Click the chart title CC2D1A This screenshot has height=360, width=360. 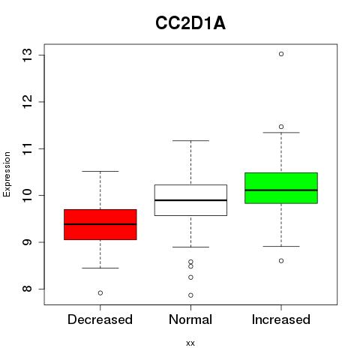click(190, 23)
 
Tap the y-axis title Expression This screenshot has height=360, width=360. click(7, 174)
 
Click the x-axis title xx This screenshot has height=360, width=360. click(190, 343)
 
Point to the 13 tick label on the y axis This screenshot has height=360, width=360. click(27, 55)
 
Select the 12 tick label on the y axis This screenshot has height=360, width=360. click(27, 102)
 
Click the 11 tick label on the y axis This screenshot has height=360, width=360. click(27, 148)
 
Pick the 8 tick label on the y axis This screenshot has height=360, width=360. click(27, 289)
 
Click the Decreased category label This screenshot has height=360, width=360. click(100, 319)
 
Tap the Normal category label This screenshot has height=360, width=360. click(190, 319)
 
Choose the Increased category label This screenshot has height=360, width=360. click(281, 319)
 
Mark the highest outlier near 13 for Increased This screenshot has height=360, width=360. click(281, 54)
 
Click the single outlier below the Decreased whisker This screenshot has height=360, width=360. click(100, 293)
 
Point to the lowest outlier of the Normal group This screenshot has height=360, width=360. click(190, 295)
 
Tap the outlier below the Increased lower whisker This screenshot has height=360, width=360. click(281, 261)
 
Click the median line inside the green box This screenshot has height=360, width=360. click(281, 190)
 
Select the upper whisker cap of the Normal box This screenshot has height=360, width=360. click(190, 141)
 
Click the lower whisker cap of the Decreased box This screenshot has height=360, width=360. click(100, 268)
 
